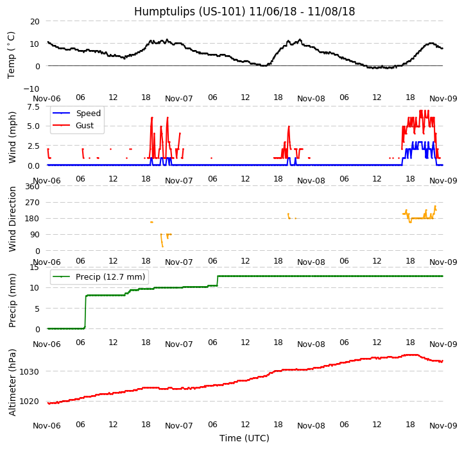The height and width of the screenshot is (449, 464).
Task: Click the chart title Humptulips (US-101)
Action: [x=245, y=12]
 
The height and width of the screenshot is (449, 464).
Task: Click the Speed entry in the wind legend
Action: [x=88, y=114]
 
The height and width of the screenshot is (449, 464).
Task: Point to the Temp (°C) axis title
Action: [x=12, y=55]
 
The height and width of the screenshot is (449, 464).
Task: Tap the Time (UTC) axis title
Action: [x=245, y=438]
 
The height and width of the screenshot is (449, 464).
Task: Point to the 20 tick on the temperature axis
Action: [x=35, y=21]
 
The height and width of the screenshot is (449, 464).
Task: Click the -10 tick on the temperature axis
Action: [x=32, y=89]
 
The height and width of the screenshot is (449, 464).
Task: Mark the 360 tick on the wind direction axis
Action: [x=32, y=187]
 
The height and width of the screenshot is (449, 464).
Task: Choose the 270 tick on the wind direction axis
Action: [x=32, y=203]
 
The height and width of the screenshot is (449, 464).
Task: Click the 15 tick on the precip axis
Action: [x=35, y=267]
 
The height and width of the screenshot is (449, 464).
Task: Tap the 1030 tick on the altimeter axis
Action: [x=30, y=371]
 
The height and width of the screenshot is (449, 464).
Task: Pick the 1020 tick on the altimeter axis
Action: [x=30, y=402]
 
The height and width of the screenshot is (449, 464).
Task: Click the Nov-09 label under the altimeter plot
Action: [x=443, y=425]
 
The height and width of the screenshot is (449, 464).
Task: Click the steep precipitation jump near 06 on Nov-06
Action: [x=85, y=312]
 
